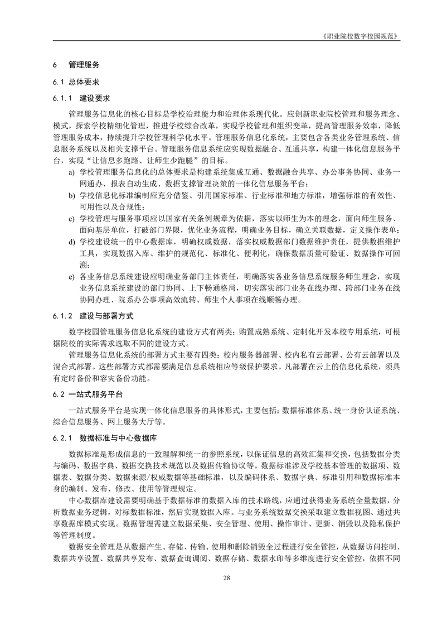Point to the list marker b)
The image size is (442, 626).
click(71, 196)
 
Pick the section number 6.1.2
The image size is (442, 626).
click(63, 316)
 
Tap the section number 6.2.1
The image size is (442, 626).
click(63, 437)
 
